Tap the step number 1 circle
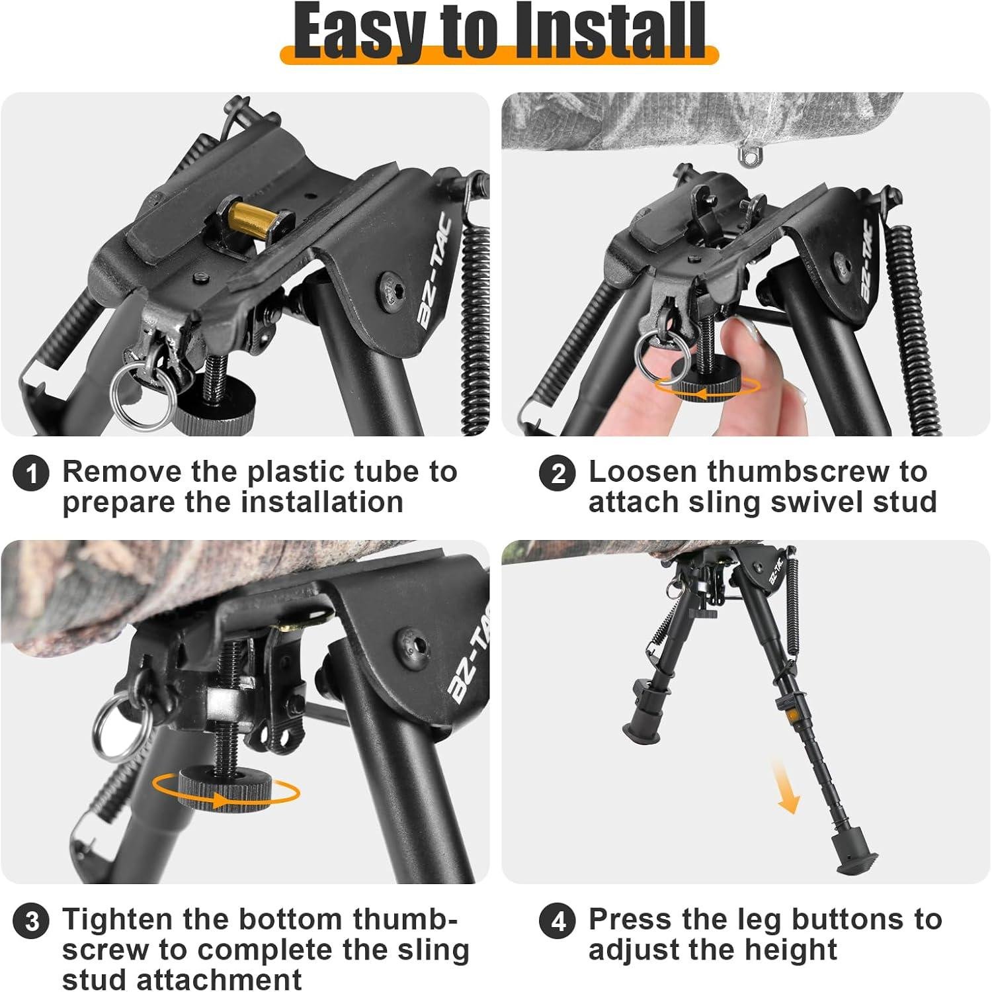pyautogui.click(x=31, y=474)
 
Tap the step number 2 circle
pyautogui.click(x=558, y=474)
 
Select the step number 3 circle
pyautogui.click(x=31, y=922)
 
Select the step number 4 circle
pyautogui.click(x=558, y=922)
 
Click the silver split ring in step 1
pyautogui.click(x=143, y=395)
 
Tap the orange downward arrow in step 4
pyautogui.click(x=786, y=788)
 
